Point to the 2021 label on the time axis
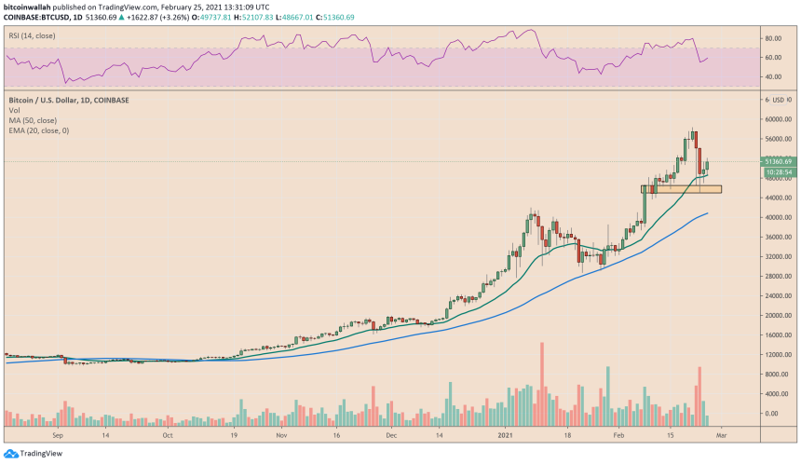point(503,435)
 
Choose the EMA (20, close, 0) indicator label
point(39,130)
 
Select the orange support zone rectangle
point(681,189)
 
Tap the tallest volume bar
point(541,383)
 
